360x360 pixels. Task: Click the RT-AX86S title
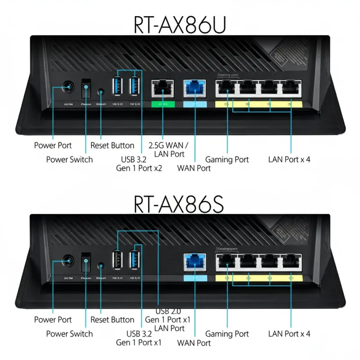click(x=180, y=203)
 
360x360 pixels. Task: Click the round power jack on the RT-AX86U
click(x=68, y=86)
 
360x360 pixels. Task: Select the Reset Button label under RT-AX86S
click(x=112, y=320)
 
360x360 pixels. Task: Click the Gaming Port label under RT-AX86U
click(x=227, y=159)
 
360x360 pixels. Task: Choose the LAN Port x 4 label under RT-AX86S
click(x=289, y=334)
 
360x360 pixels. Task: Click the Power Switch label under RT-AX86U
click(x=69, y=159)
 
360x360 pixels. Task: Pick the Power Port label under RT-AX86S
click(x=53, y=320)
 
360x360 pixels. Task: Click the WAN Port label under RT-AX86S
click(x=194, y=343)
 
